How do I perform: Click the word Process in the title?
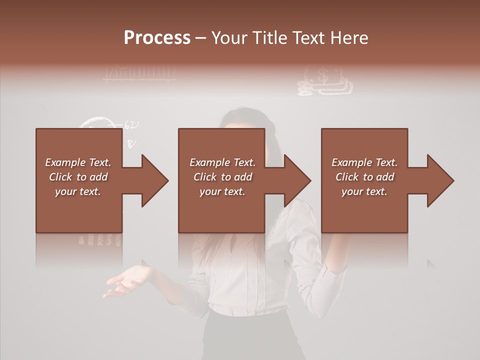(x=157, y=38)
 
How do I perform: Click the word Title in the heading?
(x=269, y=38)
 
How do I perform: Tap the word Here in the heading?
(x=348, y=38)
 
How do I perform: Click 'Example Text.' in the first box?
(x=78, y=162)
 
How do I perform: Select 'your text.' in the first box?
(x=78, y=191)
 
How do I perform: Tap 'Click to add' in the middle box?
(x=222, y=177)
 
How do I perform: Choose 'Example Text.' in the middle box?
(x=222, y=162)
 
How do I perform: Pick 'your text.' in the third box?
(x=364, y=191)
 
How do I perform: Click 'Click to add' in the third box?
(x=364, y=177)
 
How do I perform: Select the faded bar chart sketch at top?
(x=139, y=73)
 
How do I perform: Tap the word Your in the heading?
(x=230, y=38)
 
